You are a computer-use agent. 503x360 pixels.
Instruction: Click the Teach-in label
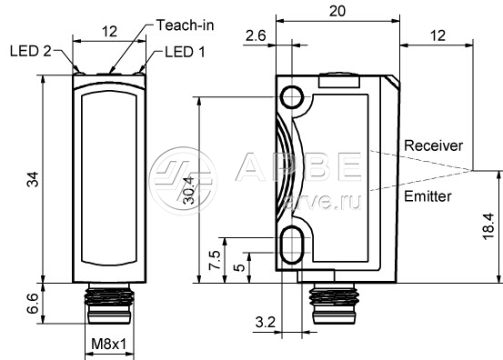(x=185, y=25)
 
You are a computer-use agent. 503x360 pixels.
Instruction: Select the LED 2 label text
(x=31, y=51)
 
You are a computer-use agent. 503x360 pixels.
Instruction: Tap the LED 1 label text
(x=185, y=52)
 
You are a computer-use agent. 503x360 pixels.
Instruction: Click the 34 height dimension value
(x=33, y=179)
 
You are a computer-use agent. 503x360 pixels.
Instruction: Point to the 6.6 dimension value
(x=33, y=304)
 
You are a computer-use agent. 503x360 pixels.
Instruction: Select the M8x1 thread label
(x=109, y=345)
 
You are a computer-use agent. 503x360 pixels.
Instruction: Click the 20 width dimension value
(x=337, y=11)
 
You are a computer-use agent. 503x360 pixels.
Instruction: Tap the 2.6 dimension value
(x=256, y=35)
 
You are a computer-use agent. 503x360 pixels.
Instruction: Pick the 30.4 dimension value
(x=189, y=190)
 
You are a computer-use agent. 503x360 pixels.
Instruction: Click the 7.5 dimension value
(x=215, y=260)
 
